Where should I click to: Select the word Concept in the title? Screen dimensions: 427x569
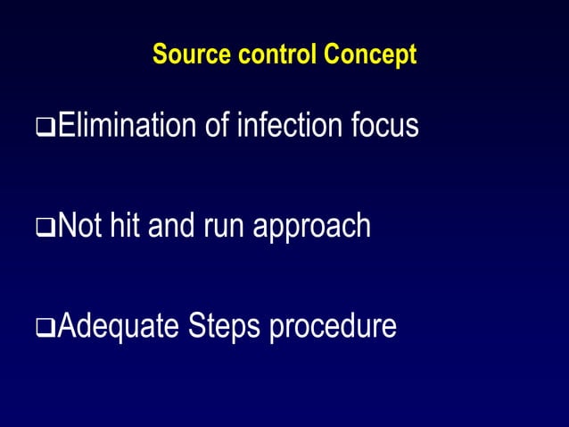(x=370, y=54)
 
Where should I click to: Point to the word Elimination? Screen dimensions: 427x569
(x=127, y=126)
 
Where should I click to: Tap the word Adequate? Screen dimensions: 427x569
(x=119, y=327)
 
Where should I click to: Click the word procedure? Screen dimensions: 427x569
(x=333, y=327)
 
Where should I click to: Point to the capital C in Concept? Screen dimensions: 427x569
(x=332, y=54)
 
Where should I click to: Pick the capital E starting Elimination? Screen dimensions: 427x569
(x=63, y=126)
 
